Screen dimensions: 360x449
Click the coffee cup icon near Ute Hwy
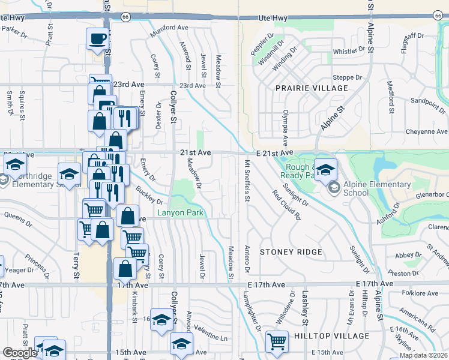pyautogui.click(x=98, y=40)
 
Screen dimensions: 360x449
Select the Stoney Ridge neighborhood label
pyautogui.click(x=291, y=252)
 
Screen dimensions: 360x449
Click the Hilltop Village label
pyautogui.click(x=332, y=335)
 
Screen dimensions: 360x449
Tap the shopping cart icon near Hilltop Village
pyautogui.click(x=277, y=341)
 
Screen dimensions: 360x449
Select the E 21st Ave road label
pyautogui.click(x=275, y=154)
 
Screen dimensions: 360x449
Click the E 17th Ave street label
pyautogui.click(x=373, y=283)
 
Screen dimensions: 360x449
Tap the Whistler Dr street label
pyautogui.click(x=345, y=52)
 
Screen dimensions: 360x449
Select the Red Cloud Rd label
pyautogui.click(x=286, y=204)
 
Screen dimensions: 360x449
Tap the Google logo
pyautogui.click(x=20, y=353)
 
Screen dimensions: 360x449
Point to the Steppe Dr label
pyautogui.click(x=351, y=77)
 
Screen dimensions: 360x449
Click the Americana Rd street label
pyautogui.click(x=420, y=319)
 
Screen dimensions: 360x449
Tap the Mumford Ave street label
pyautogui.click(x=169, y=28)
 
